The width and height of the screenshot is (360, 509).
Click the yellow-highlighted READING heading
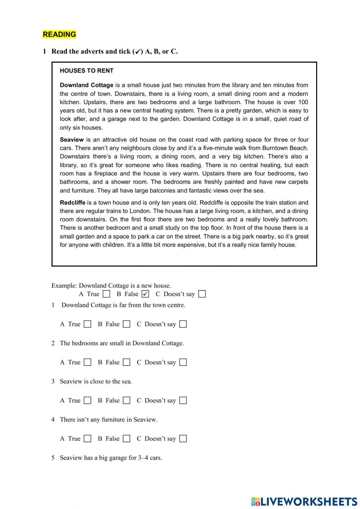[x=59, y=35]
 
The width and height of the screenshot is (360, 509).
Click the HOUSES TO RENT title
[x=86, y=71]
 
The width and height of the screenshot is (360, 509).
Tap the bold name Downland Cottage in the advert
[x=86, y=85]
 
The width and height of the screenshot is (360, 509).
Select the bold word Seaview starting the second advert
[x=72, y=140]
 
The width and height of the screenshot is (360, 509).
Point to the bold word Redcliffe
[x=72, y=203]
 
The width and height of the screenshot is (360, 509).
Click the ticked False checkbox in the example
[x=145, y=294]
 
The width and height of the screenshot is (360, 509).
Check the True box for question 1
[x=87, y=324]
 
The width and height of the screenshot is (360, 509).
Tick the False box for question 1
[x=126, y=324]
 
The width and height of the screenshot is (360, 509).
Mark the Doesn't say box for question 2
[x=183, y=362]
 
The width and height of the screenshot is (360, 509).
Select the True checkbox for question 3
[x=87, y=401]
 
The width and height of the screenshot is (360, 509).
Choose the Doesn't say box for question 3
[x=183, y=401]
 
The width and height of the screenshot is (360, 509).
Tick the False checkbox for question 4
[x=126, y=439]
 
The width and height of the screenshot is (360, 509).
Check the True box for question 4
[x=87, y=439]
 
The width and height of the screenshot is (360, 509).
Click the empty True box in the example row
[x=106, y=294]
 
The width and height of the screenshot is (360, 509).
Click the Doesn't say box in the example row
[x=202, y=294]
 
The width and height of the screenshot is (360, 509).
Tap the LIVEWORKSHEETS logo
[x=304, y=501]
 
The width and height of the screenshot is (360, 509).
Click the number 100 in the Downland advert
[x=303, y=102]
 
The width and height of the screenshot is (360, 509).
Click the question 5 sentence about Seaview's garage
[x=111, y=458]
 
